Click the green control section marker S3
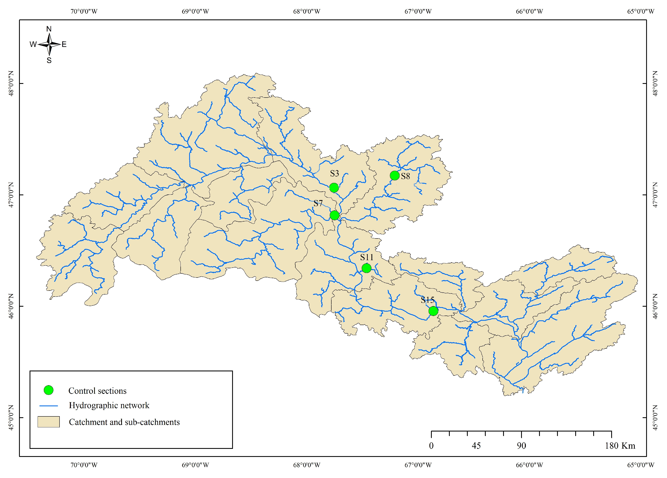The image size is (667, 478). (x=334, y=188)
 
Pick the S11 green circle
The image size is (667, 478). (x=366, y=268)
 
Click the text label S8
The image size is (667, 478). (x=405, y=176)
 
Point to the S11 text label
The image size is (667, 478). (x=367, y=257)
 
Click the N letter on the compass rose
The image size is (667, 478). (x=49, y=29)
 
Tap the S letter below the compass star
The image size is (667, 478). (x=49, y=61)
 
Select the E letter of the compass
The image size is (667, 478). (x=64, y=44)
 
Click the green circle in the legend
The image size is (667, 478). (x=49, y=390)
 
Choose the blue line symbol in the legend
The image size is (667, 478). (x=49, y=406)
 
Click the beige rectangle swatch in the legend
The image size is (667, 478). (x=49, y=422)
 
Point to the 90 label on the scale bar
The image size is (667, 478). (x=521, y=446)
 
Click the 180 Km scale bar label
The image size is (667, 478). (x=620, y=446)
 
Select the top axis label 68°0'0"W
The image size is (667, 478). (x=307, y=11)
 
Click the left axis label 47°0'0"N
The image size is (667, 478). (x=11, y=195)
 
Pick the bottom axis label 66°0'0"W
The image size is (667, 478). (x=529, y=465)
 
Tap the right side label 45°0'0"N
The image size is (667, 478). (x=655, y=417)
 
